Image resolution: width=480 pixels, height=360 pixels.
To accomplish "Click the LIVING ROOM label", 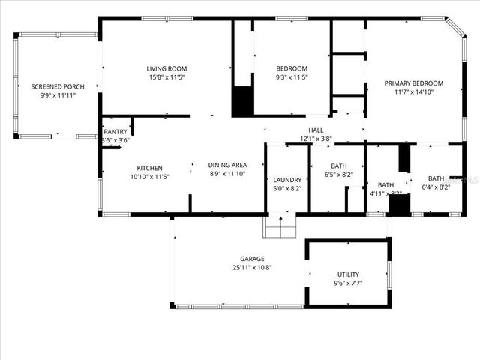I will pyautogui.click(x=166, y=69).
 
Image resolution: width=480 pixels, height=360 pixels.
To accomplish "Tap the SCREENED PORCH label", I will pyautogui.click(x=58, y=87).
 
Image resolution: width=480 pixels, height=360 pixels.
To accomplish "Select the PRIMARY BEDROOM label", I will pyautogui.click(x=413, y=83).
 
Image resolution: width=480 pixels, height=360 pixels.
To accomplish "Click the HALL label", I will pyautogui.click(x=316, y=130).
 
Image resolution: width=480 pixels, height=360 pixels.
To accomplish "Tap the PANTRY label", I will pyautogui.click(x=115, y=132).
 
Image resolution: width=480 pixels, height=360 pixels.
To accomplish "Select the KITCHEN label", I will pyautogui.click(x=149, y=168).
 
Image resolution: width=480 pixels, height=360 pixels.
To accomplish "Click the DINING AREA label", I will pyautogui.click(x=227, y=165).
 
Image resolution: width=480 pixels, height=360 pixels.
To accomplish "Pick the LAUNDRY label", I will pyautogui.click(x=287, y=180).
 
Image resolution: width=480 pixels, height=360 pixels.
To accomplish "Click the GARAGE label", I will pyautogui.click(x=251, y=258).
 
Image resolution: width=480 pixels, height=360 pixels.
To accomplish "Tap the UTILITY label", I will pyautogui.click(x=348, y=274).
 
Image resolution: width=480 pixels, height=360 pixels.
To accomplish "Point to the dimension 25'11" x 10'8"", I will pyautogui.click(x=251, y=266).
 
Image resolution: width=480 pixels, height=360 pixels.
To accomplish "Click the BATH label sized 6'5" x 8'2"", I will pyautogui.click(x=338, y=166).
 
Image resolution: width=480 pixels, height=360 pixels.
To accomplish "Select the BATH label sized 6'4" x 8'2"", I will pyautogui.click(x=436, y=178).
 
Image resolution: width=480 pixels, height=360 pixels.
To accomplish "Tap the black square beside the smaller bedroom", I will pyautogui.click(x=242, y=102).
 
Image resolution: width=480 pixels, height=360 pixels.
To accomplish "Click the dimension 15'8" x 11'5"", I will pyautogui.click(x=166, y=76).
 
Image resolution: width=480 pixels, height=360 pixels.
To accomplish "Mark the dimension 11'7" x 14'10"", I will pyautogui.click(x=413, y=91).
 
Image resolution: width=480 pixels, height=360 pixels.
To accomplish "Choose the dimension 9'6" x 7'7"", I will pyautogui.click(x=348, y=283).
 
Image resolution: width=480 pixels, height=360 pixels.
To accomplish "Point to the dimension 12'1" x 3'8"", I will pyautogui.click(x=316, y=138).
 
